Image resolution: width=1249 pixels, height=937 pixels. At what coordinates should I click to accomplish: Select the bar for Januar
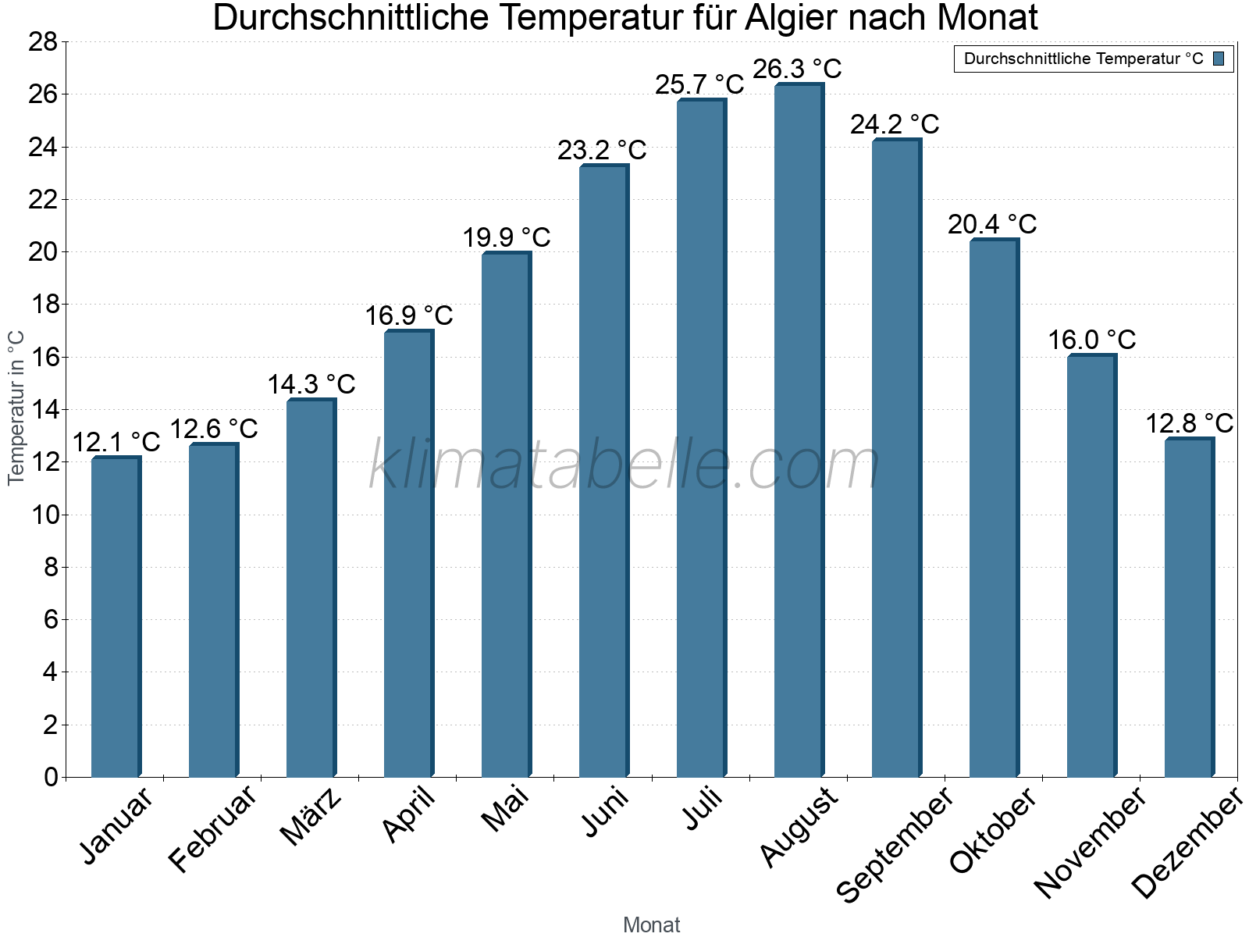tap(116, 617)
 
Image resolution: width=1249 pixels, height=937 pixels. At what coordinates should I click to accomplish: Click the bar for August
tap(799, 429)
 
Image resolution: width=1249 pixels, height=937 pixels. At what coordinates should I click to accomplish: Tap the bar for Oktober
tap(994, 508)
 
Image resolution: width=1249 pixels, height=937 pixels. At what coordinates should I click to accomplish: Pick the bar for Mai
tap(506, 515)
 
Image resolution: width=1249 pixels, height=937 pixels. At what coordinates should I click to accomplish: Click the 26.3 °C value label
tap(797, 69)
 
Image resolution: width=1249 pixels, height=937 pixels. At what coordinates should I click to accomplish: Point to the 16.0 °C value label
tap(1091, 340)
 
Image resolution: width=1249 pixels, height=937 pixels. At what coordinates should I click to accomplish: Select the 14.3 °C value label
tap(311, 384)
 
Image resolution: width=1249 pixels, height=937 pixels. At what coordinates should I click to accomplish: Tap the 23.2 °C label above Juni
tap(602, 150)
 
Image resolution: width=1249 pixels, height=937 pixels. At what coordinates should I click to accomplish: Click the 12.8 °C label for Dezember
tap(1189, 423)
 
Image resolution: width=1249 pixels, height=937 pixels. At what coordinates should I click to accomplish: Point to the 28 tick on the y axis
tap(44, 42)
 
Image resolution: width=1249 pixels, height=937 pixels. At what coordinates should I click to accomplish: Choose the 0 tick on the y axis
tap(52, 777)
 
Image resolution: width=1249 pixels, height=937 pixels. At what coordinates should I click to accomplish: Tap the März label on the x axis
tap(311, 817)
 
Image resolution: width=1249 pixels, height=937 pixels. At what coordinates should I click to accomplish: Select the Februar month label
tap(212, 828)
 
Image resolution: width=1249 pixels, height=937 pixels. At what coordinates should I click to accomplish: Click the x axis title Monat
tap(651, 925)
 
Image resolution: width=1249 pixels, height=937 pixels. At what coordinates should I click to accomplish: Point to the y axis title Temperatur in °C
tap(16, 408)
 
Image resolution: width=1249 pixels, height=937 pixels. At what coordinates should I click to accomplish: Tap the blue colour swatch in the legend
tap(1219, 59)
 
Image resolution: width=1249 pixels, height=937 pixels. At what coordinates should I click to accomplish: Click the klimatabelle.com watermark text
tap(624, 465)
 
